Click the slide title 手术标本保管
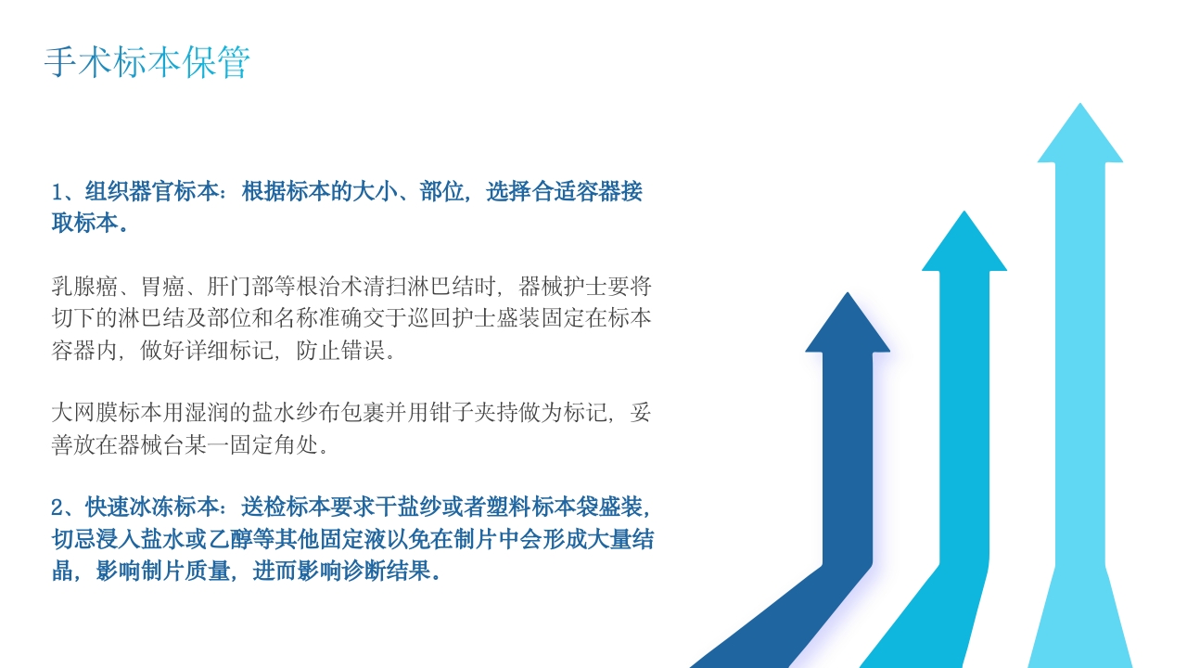147,62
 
